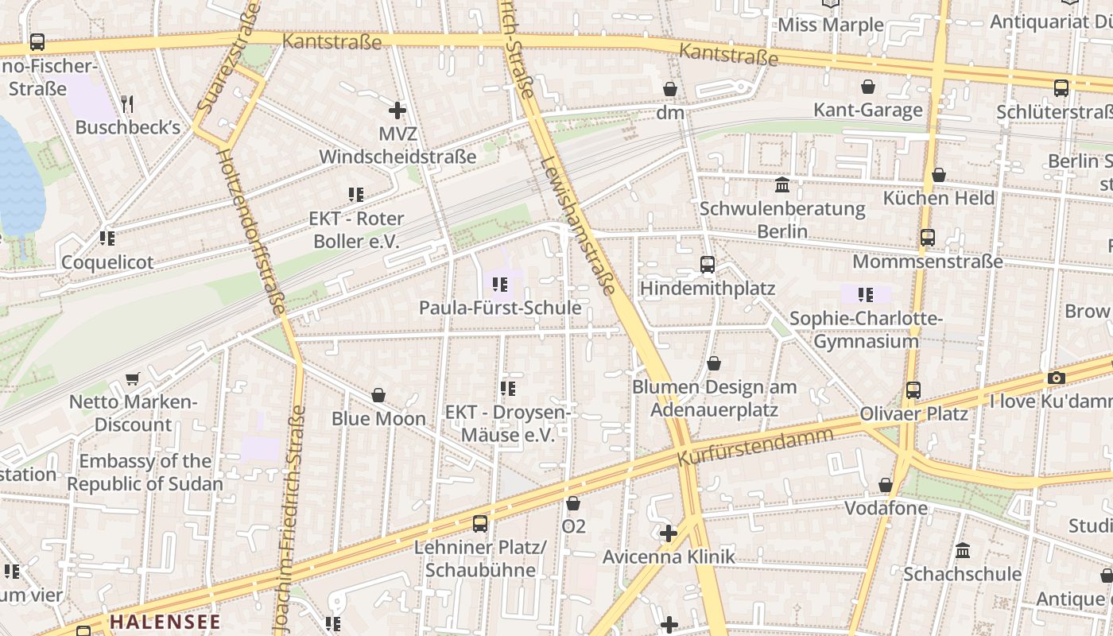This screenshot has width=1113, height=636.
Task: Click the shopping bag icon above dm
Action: [x=670, y=89]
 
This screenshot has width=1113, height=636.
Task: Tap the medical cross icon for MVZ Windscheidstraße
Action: [x=397, y=111]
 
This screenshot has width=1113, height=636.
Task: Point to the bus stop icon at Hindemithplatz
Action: [x=707, y=265]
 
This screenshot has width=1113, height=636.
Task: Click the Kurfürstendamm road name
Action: [x=754, y=448]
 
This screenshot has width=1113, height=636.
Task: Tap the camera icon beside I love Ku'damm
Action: [x=1056, y=378]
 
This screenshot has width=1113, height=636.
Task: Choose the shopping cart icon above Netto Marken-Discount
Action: [x=133, y=379]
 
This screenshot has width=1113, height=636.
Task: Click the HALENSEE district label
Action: [x=165, y=622]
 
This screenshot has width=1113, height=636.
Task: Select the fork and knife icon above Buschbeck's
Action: [x=127, y=103]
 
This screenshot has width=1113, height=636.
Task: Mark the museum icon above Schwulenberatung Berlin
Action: [x=782, y=185]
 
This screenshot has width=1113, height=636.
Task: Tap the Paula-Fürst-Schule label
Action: [x=500, y=308]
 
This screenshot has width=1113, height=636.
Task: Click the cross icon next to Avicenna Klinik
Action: [x=669, y=533]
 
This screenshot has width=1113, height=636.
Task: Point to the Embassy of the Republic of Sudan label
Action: [x=145, y=472]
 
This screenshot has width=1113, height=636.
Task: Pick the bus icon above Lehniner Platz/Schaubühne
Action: [x=480, y=523]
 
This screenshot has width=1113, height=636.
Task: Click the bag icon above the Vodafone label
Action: [x=885, y=485]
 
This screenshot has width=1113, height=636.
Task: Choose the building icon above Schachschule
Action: [x=963, y=550]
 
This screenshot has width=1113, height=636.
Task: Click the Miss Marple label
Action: [x=831, y=25]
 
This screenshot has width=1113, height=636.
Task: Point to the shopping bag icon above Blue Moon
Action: [x=378, y=395]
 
